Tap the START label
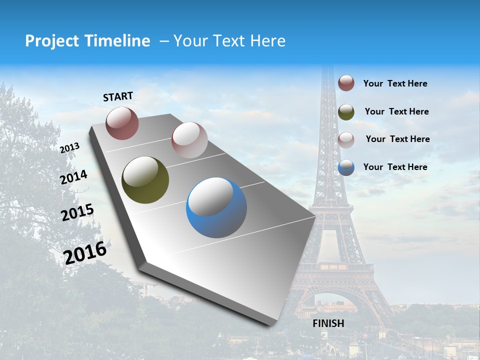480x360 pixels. tap(118, 96)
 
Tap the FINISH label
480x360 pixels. tap(328, 323)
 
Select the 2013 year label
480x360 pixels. tap(70, 148)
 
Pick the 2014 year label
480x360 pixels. tap(74, 177)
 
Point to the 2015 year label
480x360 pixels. tap(77, 212)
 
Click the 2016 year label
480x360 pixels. tap(85, 252)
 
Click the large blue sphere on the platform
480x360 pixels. tap(216, 207)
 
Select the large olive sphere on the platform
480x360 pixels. tap(145, 180)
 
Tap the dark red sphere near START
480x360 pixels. tap(122, 123)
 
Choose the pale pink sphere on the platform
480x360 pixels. tap(189, 140)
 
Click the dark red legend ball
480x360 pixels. tap(346, 83)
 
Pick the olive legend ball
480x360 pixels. tap(346, 111)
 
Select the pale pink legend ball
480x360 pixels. tap(346, 139)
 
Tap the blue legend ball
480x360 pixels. tap(346, 167)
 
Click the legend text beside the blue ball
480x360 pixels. tap(395, 167)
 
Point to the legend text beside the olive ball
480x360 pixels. tap(396, 111)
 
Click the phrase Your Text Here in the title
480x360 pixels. tap(229, 41)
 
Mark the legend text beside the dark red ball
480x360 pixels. tap(395, 83)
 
